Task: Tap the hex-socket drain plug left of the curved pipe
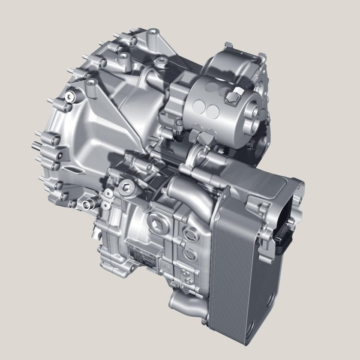pos(124,185)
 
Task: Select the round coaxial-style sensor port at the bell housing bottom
pos(89,204)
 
